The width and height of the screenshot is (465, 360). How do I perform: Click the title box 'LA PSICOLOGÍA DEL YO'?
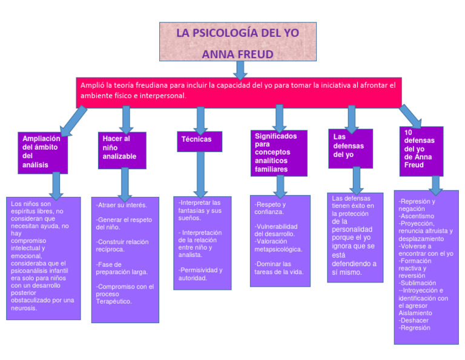[237, 33]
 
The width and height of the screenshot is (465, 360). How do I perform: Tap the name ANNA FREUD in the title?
[237, 55]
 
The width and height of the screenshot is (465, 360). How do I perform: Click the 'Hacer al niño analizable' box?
[122, 150]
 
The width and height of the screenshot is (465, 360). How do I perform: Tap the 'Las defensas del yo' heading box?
[350, 147]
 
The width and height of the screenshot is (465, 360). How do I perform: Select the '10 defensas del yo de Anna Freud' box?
[421, 151]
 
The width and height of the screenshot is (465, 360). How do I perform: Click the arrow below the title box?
[240, 70]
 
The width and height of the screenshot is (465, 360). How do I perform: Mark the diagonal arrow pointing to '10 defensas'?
[410, 116]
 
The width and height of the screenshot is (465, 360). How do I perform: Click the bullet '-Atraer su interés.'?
[122, 205]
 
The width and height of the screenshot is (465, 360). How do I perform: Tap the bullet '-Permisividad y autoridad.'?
[200, 274]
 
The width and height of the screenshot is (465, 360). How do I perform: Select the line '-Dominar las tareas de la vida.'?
[279, 268]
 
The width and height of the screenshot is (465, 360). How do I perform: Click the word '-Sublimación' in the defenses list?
[417, 283]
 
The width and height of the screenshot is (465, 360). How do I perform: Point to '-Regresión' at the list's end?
[415, 328]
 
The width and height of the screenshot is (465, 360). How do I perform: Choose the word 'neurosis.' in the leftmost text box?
[24, 308]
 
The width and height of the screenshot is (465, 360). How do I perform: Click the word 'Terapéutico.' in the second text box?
[114, 301]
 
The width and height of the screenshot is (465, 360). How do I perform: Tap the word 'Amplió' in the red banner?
[93, 85]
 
